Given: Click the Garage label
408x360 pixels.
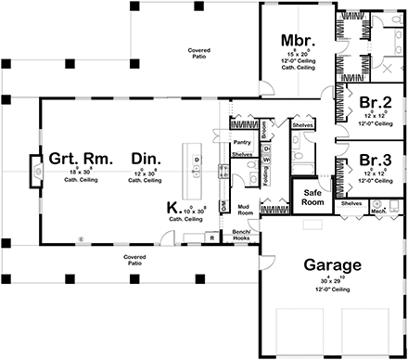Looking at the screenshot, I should click(332, 266).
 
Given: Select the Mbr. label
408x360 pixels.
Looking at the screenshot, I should click(300, 41).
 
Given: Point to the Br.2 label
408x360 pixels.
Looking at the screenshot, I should click(374, 102).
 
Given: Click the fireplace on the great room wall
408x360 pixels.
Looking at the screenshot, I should click(37, 169).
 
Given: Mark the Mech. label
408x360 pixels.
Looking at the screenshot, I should click(378, 210).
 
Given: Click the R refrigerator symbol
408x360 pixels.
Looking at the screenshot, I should click(212, 238).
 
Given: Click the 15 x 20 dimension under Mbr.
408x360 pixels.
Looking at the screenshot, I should click(300, 57).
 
